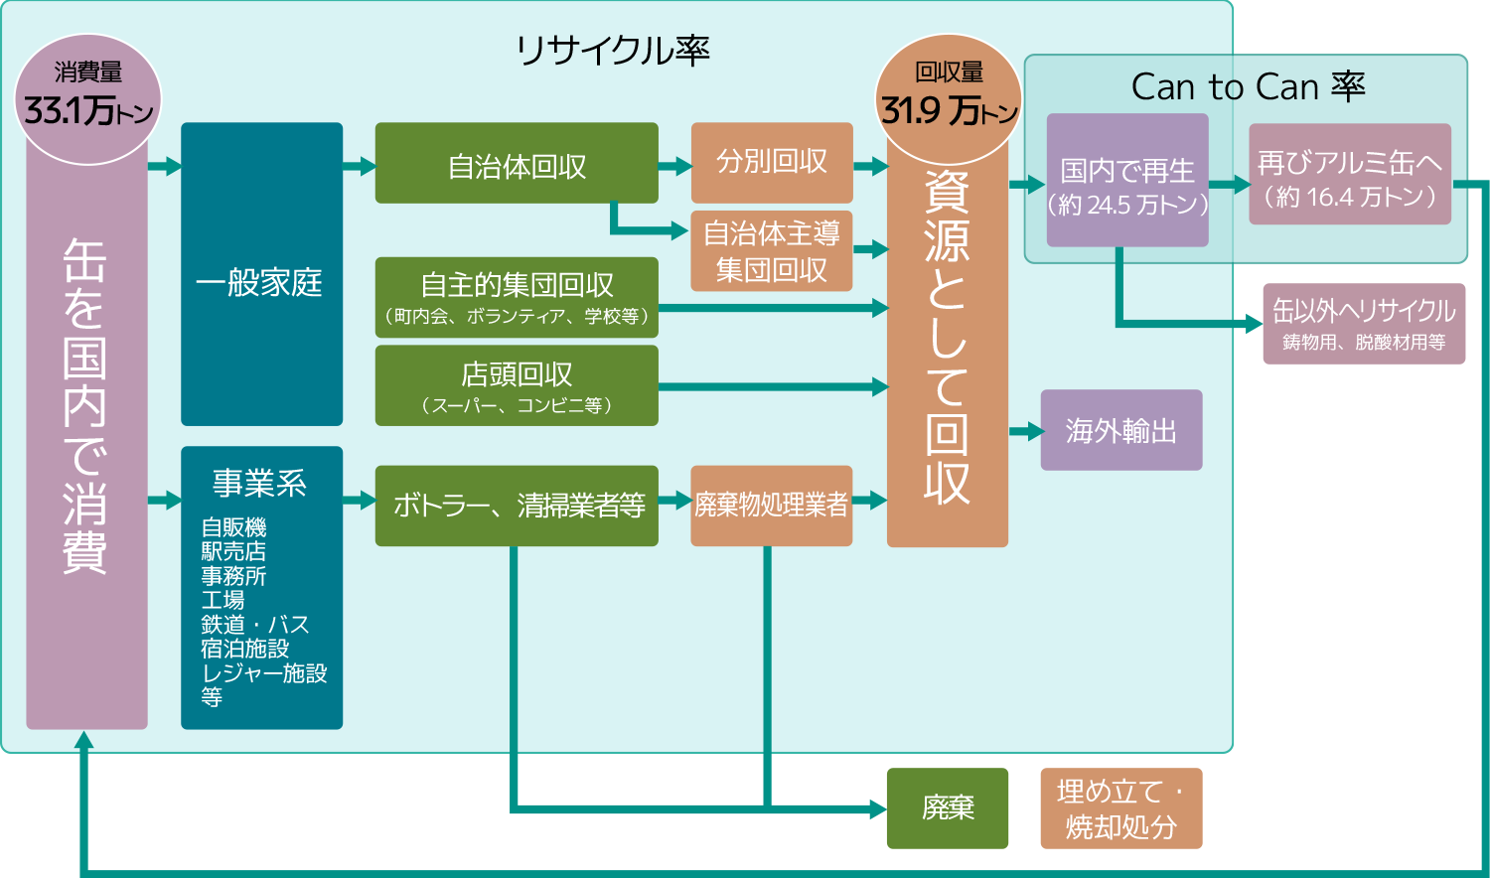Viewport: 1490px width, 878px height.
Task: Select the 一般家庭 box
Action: coord(261,283)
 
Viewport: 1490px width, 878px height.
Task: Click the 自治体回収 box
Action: coord(517,164)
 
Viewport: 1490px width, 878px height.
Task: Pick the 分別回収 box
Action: coord(772,162)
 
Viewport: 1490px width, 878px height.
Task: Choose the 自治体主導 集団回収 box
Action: coord(772,251)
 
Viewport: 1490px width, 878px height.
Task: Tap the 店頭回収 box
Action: coord(517,385)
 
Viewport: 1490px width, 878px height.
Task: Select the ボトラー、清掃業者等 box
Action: coord(517,506)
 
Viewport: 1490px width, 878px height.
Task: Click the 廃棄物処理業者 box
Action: coord(772,506)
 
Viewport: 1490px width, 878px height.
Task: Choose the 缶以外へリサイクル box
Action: coord(1364,324)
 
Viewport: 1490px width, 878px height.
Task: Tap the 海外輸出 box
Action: coord(1121,430)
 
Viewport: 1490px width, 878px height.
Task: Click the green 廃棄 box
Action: coord(948,808)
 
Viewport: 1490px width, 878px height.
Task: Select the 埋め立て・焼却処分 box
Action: coord(1121,808)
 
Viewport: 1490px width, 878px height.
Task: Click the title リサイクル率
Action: coord(613,50)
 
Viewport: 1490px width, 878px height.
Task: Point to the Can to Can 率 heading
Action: coord(1248,87)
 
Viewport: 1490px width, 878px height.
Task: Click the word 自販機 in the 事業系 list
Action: coord(234,527)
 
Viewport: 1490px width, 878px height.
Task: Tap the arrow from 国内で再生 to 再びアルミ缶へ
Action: coord(1229,184)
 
